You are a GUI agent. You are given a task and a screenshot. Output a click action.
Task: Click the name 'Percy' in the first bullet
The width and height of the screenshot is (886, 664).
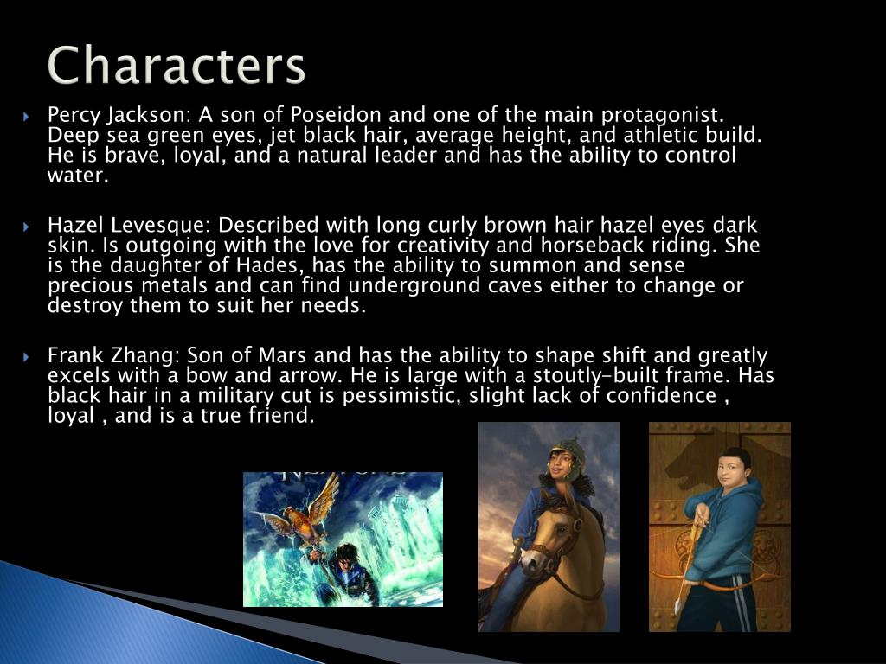tap(69, 116)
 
